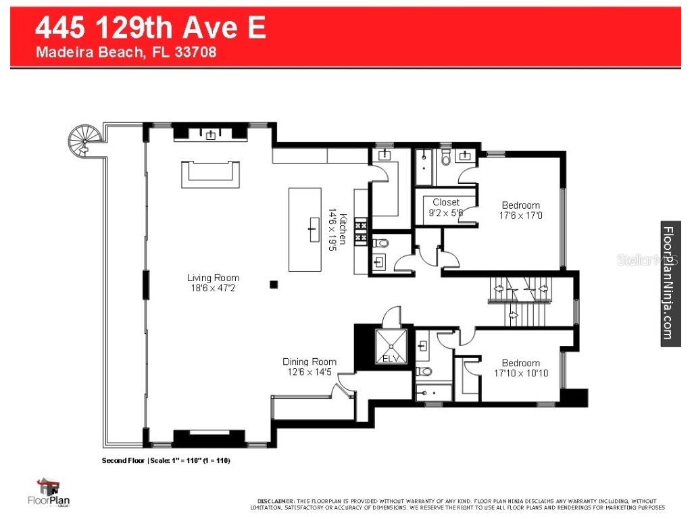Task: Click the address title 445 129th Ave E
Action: point(150,28)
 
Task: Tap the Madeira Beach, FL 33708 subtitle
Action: point(126,52)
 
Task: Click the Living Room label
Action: point(213,278)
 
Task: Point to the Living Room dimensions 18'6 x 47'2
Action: point(213,288)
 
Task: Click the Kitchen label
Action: point(343,229)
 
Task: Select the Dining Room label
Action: point(309,362)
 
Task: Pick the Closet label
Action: point(446,202)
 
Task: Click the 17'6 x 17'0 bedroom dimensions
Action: point(520,216)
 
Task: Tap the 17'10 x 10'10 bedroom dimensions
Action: point(520,373)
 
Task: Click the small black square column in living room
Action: point(273,285)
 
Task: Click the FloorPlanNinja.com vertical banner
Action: point(670,283)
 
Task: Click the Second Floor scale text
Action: point(166,461)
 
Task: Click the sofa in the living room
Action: point(210,174)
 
